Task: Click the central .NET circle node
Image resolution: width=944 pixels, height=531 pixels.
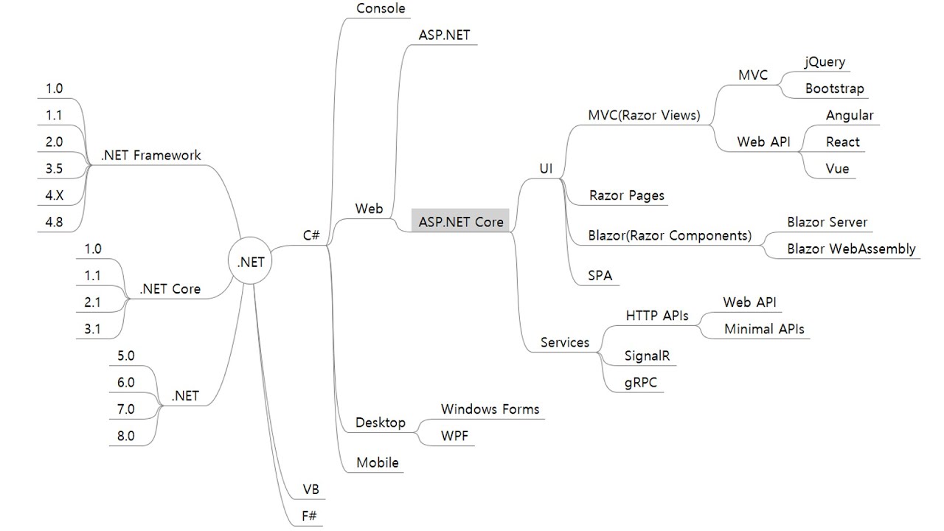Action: coord(250,260)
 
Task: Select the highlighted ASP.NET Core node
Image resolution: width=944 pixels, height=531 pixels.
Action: coord(460,221)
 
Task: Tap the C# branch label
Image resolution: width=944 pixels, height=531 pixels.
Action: coord(311,235)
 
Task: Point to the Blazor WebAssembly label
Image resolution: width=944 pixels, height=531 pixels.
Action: coord(851,249)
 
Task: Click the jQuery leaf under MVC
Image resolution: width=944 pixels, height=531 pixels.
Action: coord(825,62)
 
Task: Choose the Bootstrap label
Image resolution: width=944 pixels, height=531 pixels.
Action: coord(834,88)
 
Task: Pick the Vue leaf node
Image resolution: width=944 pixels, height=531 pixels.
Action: coord(837,169)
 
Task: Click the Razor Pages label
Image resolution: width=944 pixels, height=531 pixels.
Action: coord(626,195)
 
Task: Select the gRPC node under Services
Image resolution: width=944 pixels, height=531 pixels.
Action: coord(641,383)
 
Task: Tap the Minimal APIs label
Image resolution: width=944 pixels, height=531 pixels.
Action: coord(764,329)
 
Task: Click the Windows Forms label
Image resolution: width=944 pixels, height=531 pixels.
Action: coord(490,409)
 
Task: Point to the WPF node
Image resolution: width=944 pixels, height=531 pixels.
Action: coord(454,436)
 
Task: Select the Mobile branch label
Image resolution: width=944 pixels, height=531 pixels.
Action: coord(377,462)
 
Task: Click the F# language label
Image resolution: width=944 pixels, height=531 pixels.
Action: coord(309,516)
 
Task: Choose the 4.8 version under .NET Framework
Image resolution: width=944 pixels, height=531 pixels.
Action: coord(54,222)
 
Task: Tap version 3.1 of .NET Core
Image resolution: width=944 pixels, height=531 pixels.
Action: coord(92,329)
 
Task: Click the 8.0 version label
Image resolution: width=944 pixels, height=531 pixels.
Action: coord(125,436)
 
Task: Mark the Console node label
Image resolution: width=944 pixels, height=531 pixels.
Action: coord(381,8)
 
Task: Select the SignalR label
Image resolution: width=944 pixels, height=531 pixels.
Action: coord(647,355)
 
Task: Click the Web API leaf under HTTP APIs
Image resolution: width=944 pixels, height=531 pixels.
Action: coord(749,302)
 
